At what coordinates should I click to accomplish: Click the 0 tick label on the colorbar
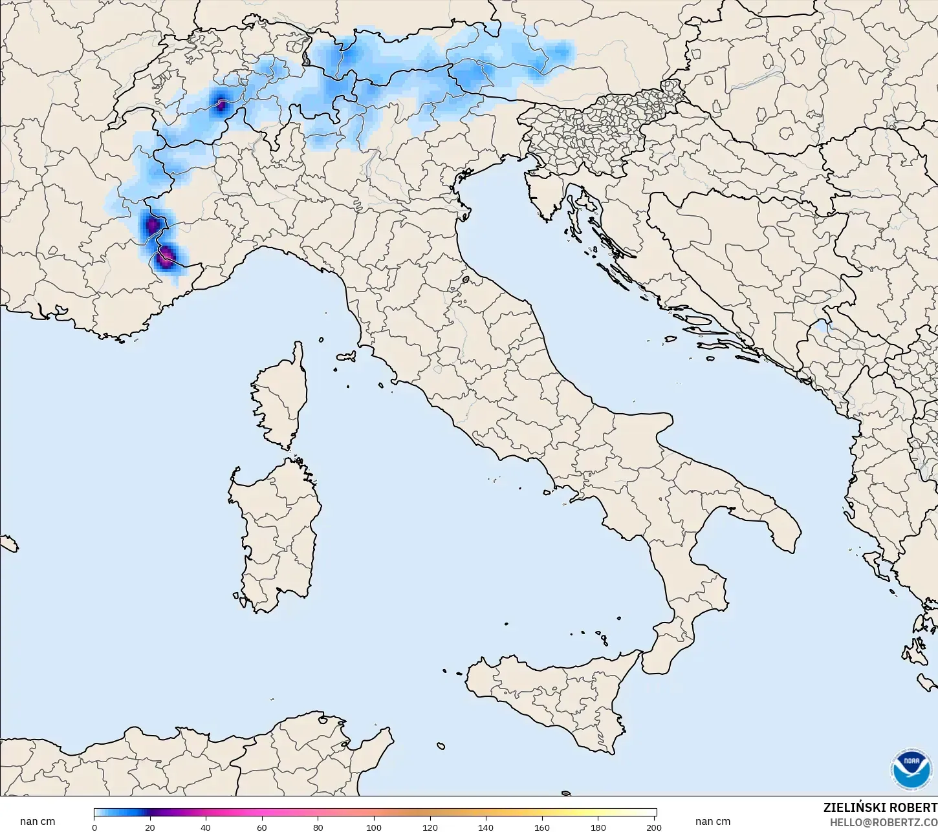94,827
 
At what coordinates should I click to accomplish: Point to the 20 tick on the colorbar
150,827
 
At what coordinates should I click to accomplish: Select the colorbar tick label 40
206,827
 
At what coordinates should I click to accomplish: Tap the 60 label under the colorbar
262,827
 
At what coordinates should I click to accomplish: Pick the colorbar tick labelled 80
318,827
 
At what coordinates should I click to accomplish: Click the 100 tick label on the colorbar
374,827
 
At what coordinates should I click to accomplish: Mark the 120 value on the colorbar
430,827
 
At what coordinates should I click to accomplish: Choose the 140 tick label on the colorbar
486,827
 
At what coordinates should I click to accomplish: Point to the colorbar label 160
542,827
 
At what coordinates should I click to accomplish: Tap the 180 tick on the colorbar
598,827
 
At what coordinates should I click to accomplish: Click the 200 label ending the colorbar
654,827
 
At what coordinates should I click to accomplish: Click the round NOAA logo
911,769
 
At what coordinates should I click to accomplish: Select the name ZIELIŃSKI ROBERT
880,808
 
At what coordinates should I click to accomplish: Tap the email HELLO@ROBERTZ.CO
884,822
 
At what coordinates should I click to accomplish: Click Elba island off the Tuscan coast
345,356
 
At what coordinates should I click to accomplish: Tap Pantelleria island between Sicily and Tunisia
441,746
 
